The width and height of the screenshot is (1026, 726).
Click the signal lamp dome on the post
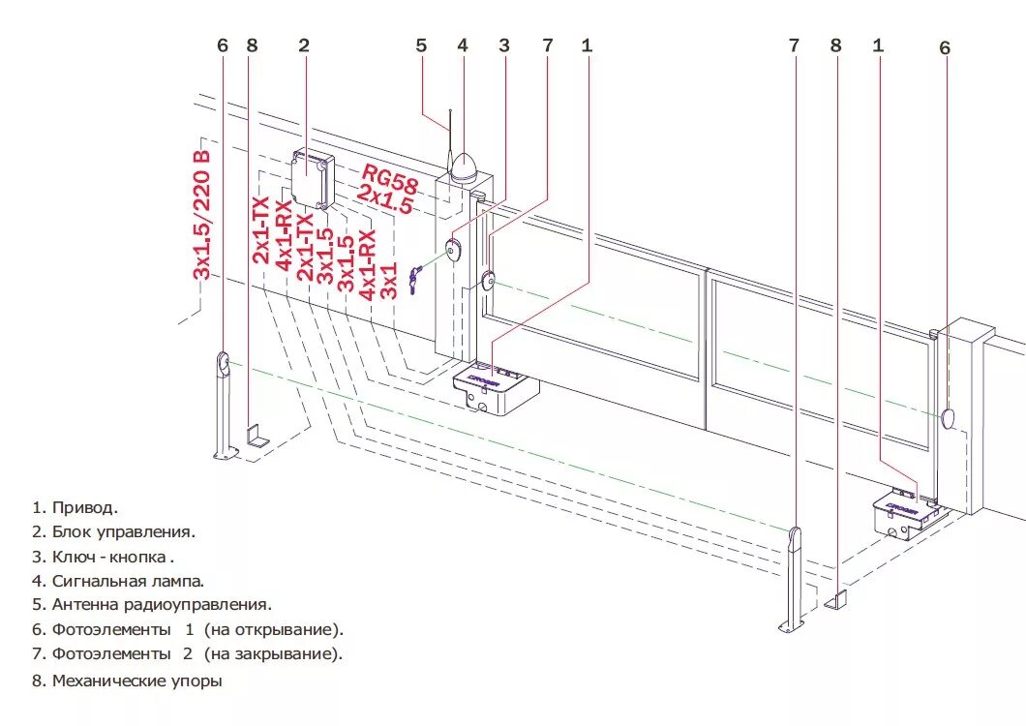(x=465, y=167)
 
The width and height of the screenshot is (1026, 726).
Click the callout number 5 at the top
(x=421, y=45)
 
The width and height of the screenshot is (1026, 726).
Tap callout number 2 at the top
(x=304, y=45)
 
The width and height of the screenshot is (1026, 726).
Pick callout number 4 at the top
(x=463, y=45)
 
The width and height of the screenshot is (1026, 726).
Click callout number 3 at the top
(x=504, y=45)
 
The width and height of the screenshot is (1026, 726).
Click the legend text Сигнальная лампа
(x=128, y=581)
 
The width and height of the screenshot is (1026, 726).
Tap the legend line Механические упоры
(x=136, y=681)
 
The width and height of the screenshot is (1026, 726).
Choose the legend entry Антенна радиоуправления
(x=162, y=605)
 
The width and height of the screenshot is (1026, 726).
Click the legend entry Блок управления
(x=124, y=531)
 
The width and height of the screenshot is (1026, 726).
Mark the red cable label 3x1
(x=389, y=280)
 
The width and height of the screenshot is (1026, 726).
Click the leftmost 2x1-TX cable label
(x=261, y=229)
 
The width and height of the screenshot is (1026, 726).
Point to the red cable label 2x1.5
(x=385, y=200)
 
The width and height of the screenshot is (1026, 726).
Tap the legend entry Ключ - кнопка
(x=113, y=557)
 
